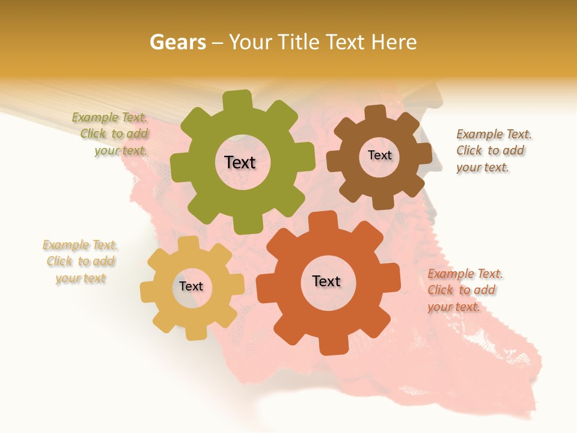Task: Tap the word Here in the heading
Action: click(x=394, y=42)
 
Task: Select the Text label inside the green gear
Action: click(x=240, y=162)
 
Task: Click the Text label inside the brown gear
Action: click(x=379, y=155)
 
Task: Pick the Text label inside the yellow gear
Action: click(x=191, y=286)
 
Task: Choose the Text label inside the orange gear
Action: click(x=326, y=281)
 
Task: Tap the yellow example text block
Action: click(x=80, y=262)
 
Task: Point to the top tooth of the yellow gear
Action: click(x=189, y=244)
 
